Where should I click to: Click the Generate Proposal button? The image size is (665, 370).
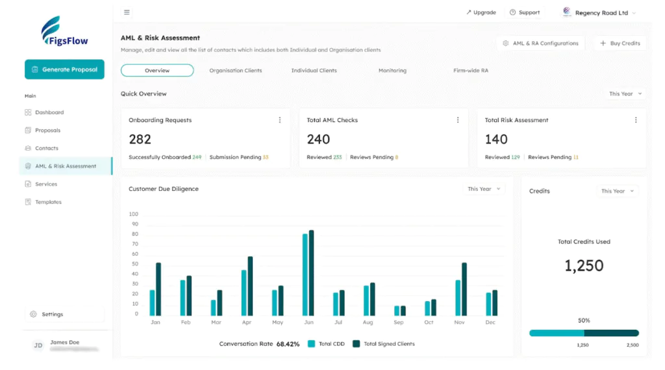click(64, 69)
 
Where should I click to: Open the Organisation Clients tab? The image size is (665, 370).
click(235, 70)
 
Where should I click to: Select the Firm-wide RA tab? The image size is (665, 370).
click(470, 70)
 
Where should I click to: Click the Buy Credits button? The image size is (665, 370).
click(620, 43)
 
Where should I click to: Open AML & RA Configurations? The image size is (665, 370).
click(540, 43)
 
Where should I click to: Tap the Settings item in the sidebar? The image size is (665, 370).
click(52, 314)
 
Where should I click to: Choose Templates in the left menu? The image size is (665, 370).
click(48, 202)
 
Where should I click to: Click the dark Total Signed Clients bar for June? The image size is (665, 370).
click(312, 273)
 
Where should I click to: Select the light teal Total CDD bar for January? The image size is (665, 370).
click(153, 302)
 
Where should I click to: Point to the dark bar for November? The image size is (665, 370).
click(464, 289)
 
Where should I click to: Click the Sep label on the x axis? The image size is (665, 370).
click(399, 323)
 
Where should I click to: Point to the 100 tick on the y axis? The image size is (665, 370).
click(134, 214)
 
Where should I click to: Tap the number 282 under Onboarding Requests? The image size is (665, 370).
click(140, 139)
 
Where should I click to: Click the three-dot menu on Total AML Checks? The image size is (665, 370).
click(458, 120)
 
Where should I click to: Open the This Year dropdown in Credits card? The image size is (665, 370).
click(617, 191)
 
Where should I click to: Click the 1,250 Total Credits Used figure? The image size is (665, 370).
click(584, 265)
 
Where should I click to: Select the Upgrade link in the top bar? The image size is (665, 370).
click(481, 12)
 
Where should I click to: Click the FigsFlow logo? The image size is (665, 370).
click(64, 32)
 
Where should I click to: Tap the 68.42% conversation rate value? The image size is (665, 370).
click(288, 344)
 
